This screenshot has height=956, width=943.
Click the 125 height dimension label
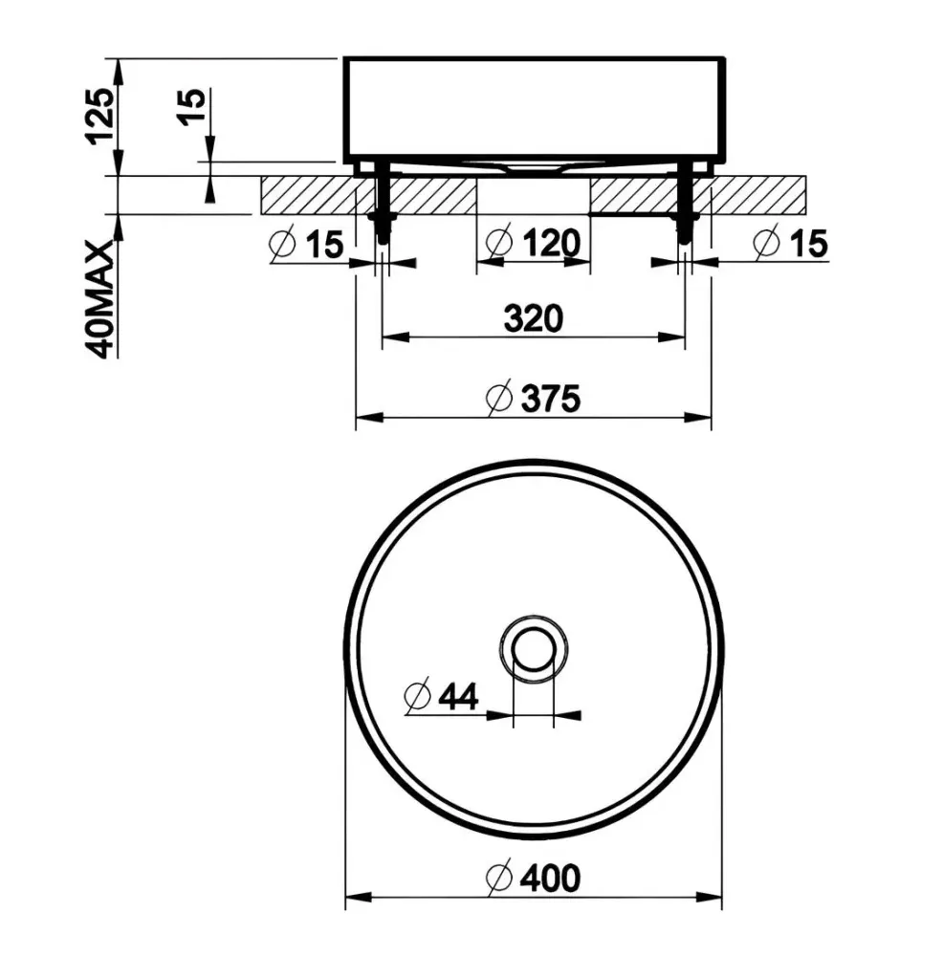(x=99, y=117)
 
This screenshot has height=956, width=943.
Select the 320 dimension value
(x=533, y=318)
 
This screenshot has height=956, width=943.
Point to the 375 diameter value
(x=551, y=399)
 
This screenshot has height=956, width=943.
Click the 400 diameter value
(x=551, y=879)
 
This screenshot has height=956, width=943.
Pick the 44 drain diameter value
(x=458, y=696)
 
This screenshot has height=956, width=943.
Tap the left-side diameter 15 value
(x=324, y=245)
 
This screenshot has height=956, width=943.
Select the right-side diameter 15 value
(x=809, y=243)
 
